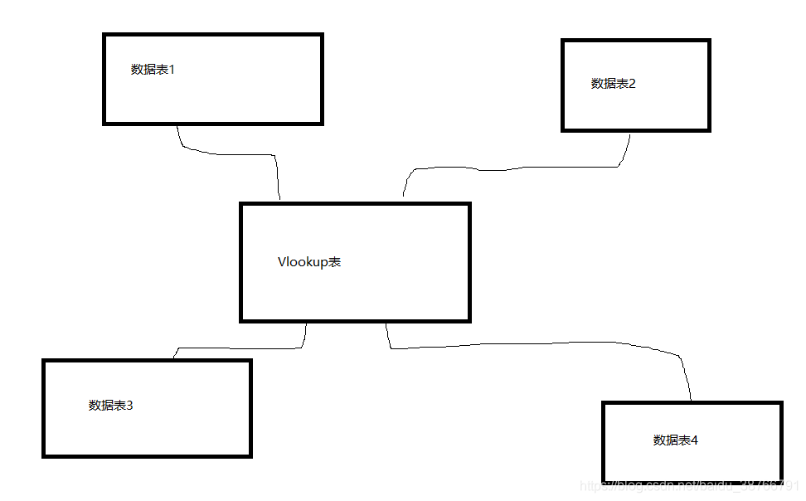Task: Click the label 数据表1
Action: click(153, 70)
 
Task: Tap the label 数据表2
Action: click(614, 84)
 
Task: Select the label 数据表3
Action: click(111, 406)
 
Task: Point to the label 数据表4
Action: click(676, 440)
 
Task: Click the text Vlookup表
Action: click(309, 262)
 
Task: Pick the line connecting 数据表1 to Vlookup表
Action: click(232, 153)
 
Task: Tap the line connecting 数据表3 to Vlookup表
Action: click(240, 348)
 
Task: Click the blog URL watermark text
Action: click(688, 485)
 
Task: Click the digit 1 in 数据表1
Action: click(172, 70)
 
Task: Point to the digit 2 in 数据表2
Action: click(632, 84)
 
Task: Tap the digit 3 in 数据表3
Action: click(130, 406)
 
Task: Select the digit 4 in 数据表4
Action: click(695, 440)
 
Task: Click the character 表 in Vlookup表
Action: click(334, 262)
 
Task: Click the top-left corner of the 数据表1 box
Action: click(104, 35)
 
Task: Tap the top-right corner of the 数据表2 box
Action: click(709, 40)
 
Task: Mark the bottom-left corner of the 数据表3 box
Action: click(44, 455)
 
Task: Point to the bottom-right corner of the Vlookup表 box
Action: click(469, 319)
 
